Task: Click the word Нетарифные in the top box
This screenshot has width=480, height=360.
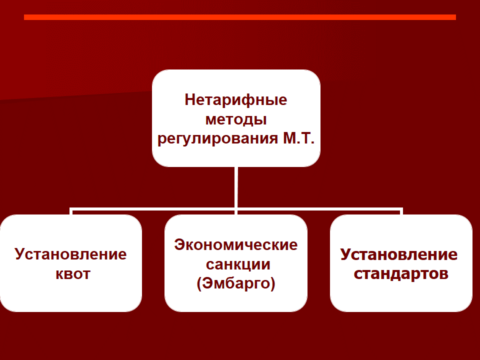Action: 235,100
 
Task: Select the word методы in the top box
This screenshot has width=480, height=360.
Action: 236,119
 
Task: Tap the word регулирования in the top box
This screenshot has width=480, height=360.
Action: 217,138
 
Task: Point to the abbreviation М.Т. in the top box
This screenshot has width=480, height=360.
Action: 298,138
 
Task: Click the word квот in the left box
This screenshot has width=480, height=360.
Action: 73,274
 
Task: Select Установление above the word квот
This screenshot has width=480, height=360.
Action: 70,254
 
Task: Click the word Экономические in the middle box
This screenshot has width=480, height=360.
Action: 235,245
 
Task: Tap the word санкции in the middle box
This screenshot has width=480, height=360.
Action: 238,264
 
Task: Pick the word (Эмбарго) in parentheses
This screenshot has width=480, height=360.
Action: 235,283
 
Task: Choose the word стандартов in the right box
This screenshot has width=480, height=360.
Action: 401,273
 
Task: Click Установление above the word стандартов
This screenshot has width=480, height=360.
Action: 399,254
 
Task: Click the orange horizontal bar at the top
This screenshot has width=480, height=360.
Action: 240,17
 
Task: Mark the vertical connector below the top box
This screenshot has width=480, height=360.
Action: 236,187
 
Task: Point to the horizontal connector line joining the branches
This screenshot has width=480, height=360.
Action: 236,209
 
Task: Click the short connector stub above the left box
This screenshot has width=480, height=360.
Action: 71,212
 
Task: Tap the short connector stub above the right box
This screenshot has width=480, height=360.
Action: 401,212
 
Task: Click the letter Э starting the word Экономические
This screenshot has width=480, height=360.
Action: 179,245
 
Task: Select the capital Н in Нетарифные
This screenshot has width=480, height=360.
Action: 190,100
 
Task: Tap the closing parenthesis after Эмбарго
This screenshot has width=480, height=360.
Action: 273,283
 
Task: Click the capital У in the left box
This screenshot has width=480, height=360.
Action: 19,254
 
